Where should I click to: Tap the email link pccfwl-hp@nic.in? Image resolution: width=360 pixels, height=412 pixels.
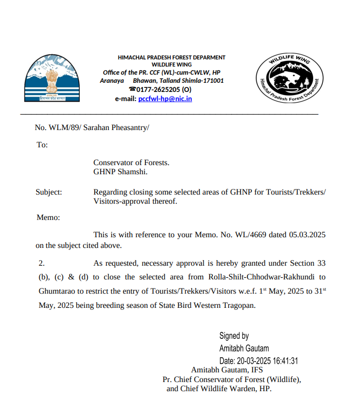(x=165, y=99)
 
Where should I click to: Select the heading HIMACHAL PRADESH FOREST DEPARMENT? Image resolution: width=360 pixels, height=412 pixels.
(x=171, y=57)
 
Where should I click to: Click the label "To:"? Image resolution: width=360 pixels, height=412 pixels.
(x=42, y=145)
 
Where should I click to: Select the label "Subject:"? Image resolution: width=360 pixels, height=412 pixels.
(x=49, y=192)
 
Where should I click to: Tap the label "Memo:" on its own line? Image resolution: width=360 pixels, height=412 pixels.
(x=48, y=217)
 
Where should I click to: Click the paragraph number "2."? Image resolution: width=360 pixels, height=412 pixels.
(x=42, y=263)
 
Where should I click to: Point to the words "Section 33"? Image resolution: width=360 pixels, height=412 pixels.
(x=308, y=263)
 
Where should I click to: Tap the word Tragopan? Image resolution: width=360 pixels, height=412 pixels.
(x=236, y=306)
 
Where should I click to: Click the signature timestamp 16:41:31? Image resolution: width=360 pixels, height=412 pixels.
(x=285, y=361)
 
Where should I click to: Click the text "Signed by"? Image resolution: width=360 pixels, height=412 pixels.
(x=234, y=336)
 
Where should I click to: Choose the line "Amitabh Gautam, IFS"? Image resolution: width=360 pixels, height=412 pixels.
(x=227, y=370)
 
